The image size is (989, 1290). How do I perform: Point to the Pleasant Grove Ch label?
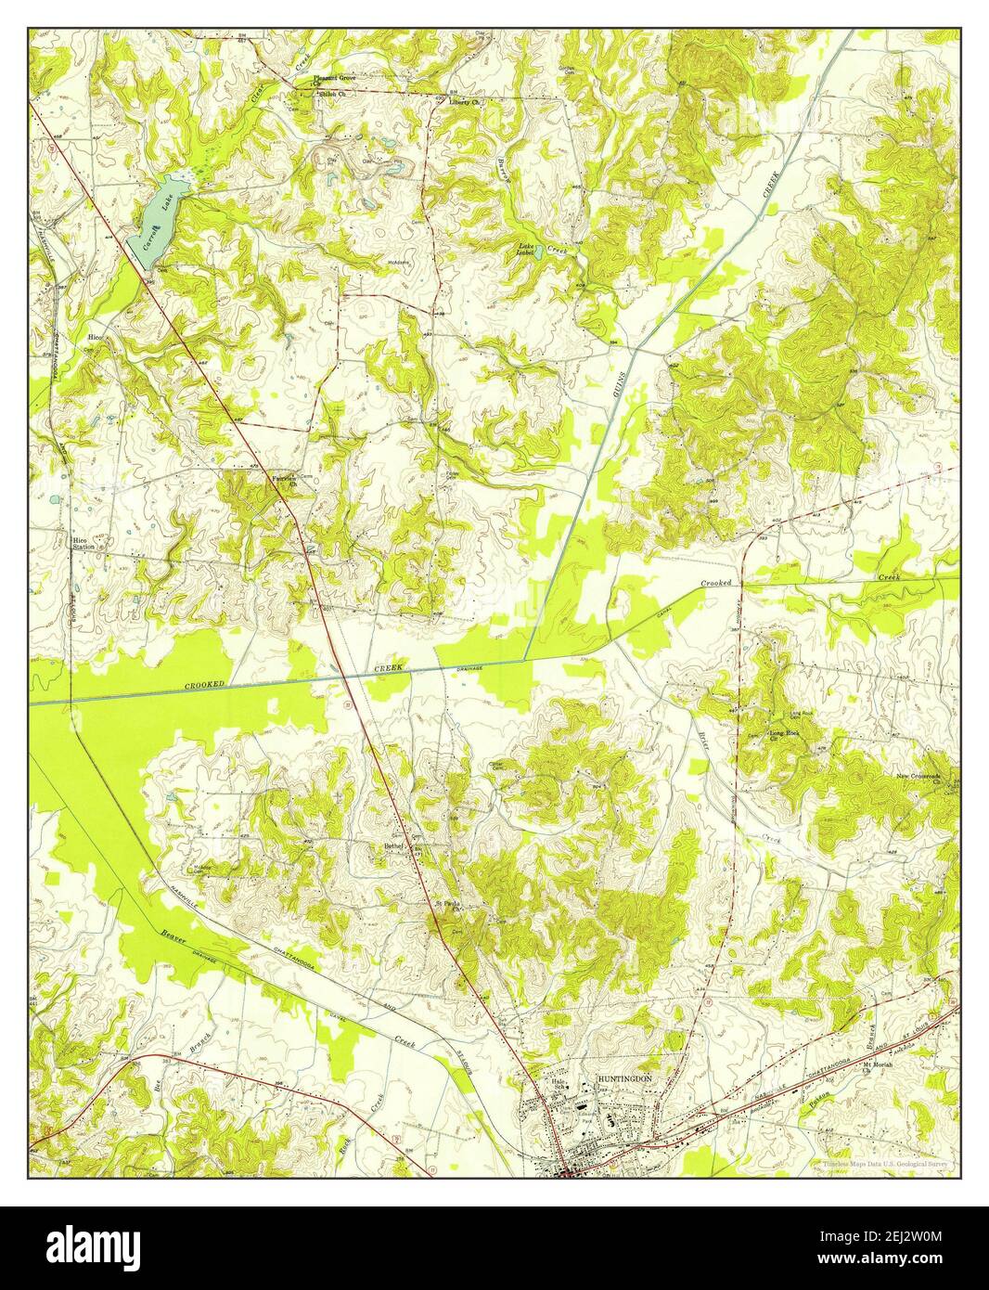click(x=334, y=82)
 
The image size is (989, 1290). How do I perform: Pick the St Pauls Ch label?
click(x=449, y=908)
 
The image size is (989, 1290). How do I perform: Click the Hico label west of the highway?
click(x=94, y=338)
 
